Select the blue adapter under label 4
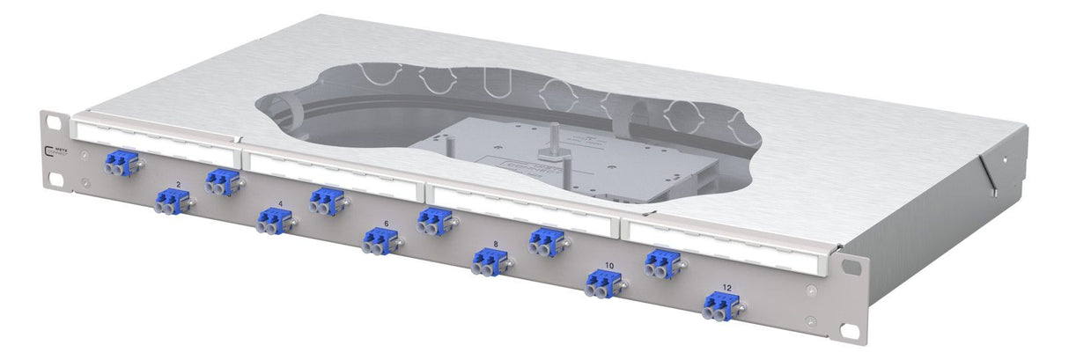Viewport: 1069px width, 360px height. tap(272, 223)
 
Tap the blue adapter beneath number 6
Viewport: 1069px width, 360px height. tap(379, 242)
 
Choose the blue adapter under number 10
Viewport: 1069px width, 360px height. tap(601, 283)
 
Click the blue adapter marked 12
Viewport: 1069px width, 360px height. tap(719, 305)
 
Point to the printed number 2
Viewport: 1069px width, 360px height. tap(179, 184)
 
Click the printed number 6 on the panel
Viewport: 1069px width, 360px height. tap(386, 224)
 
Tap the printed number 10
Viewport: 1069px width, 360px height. tap(609, 264)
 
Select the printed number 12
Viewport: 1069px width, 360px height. tap(726, 287)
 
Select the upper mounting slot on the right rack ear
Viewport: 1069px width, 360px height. tap(851, 264)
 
